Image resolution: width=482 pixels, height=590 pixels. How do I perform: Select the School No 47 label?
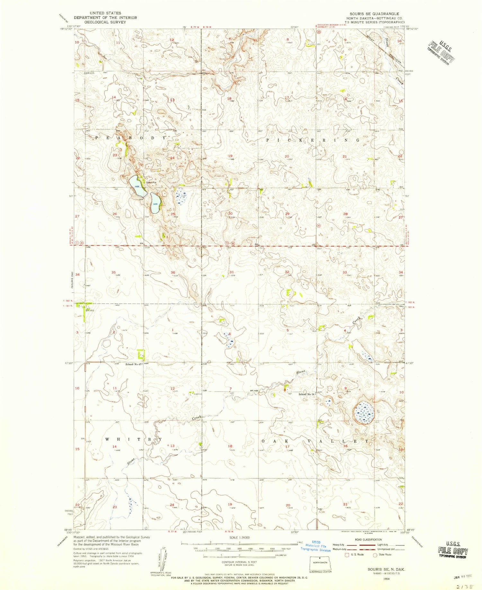134,364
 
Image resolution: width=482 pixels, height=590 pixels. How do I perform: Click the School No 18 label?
306,394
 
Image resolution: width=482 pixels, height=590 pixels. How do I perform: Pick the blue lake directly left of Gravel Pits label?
138,186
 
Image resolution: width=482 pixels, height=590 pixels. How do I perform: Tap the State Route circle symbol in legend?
374,555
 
